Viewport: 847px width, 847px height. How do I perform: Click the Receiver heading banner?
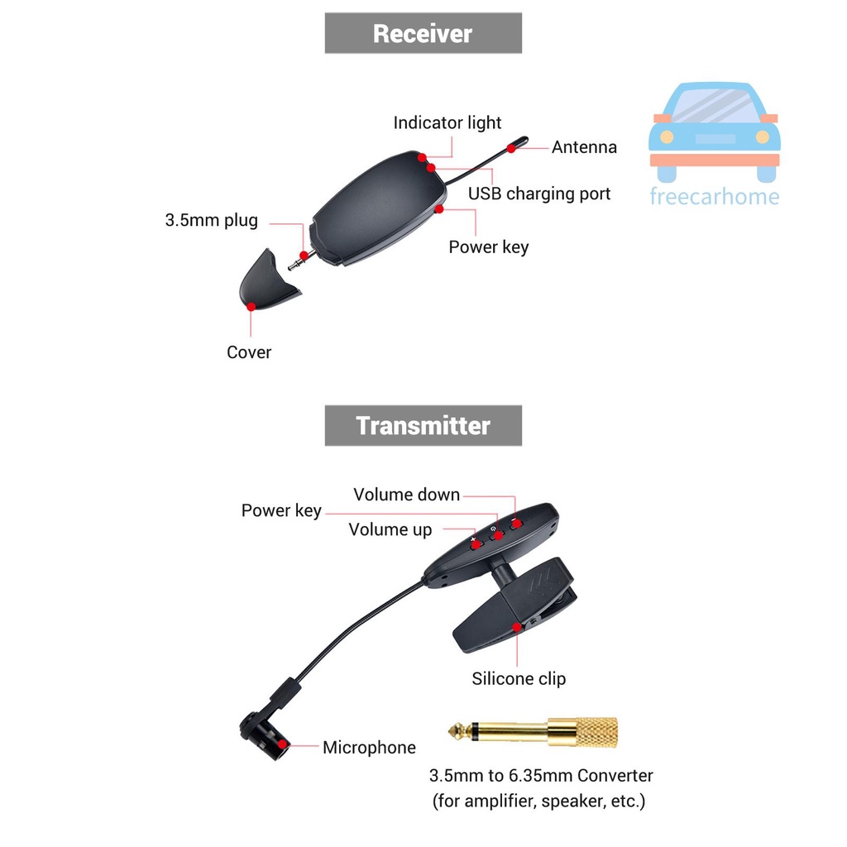pos(423,33)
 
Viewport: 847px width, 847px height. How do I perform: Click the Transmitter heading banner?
pos(423,425)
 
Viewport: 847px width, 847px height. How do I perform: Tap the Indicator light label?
pos(447,123)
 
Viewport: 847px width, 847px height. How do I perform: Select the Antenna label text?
pos(584,147)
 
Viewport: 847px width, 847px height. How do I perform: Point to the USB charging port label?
pos(539,194)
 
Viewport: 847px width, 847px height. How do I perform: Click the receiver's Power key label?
pos(488,246)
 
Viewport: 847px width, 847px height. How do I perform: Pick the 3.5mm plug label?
pos(211,221)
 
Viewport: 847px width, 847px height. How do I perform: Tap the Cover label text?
pos(249,352)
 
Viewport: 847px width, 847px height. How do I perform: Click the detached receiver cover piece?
pos(267,281)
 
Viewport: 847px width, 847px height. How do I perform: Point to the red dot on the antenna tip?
pos(512,147)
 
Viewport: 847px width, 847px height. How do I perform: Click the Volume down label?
pos(406,495)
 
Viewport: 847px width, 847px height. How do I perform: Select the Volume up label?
pos(390,530)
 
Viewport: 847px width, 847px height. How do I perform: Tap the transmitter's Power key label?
pos(281,510)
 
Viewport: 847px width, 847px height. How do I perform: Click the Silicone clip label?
pos(519,679)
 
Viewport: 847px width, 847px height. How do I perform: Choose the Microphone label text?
pos(369,748)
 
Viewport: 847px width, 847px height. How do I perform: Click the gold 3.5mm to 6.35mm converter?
pos(533,731)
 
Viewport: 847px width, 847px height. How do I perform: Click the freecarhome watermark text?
pos(714,197)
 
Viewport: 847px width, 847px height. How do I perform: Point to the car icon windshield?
pos(714,104)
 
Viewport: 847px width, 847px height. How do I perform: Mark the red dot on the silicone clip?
pos(517,627)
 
